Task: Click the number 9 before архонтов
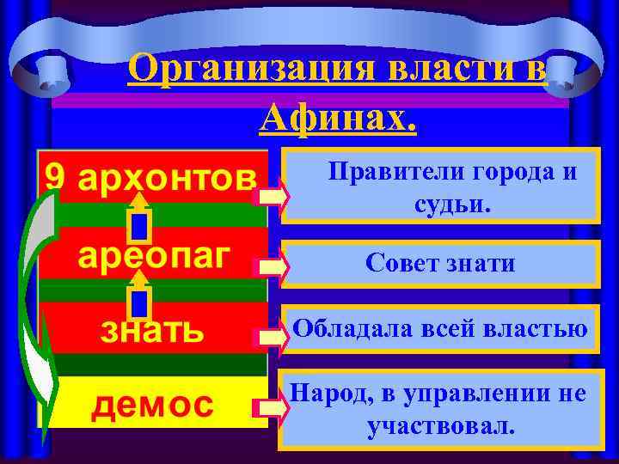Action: click(55, 177)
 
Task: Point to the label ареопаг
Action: click(152, 255)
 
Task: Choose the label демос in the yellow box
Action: click(152, 401)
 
